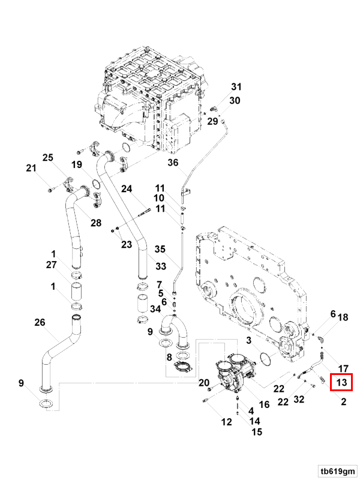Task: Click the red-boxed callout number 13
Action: coord(341,382)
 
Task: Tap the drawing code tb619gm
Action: coord(337,471)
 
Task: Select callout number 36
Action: coord(173,162)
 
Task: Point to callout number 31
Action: coord(236,86)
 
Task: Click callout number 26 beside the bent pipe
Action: coord(40,322)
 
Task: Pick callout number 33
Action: coord(161,266)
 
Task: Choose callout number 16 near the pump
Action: coord(264,404)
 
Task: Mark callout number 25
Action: coord(48,157)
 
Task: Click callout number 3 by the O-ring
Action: coord(248,340)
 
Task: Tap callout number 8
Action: coord(169,357)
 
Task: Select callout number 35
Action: coord(160,249)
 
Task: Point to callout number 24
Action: coord(127,188)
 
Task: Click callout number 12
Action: coord(227,422)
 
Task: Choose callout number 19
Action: coord(77,164)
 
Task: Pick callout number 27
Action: coord(51,265)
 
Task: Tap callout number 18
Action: coord(343,317)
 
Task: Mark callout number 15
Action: coord(257,431)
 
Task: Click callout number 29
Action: coord(212,121)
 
